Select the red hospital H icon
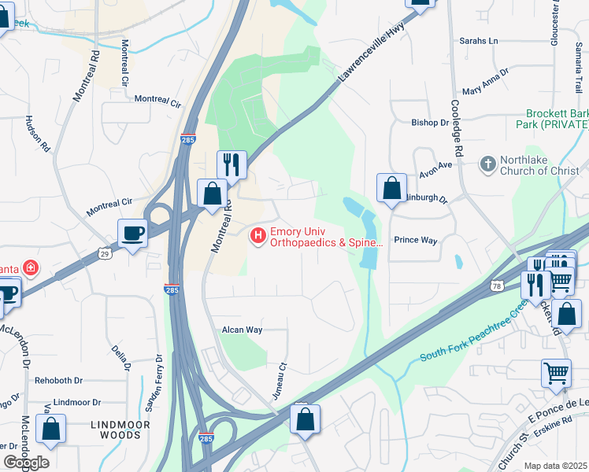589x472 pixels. [x=257, y=235]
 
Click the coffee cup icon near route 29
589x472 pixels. [x=132, y=232]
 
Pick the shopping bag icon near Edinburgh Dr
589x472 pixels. [x=391, y=188]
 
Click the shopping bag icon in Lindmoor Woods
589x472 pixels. [x=51, y=429]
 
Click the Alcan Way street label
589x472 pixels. [x=242, y=330]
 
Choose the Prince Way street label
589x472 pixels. [x=415, y=240]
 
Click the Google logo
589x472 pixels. [x=26, y=463]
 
